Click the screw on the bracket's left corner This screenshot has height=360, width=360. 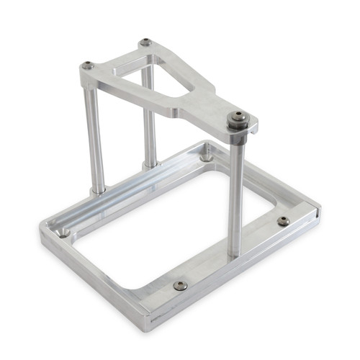[88, 66]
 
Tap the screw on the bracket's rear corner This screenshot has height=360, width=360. [145, 42]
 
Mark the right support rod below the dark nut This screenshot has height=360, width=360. [235, 194]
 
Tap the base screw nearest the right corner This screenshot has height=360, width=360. [284, 221]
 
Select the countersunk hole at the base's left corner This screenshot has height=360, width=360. [64, 232]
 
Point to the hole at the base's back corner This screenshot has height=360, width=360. [207, 154]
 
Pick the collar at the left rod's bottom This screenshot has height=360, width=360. [98, 192]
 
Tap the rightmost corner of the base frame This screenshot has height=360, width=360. [319, 212]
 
